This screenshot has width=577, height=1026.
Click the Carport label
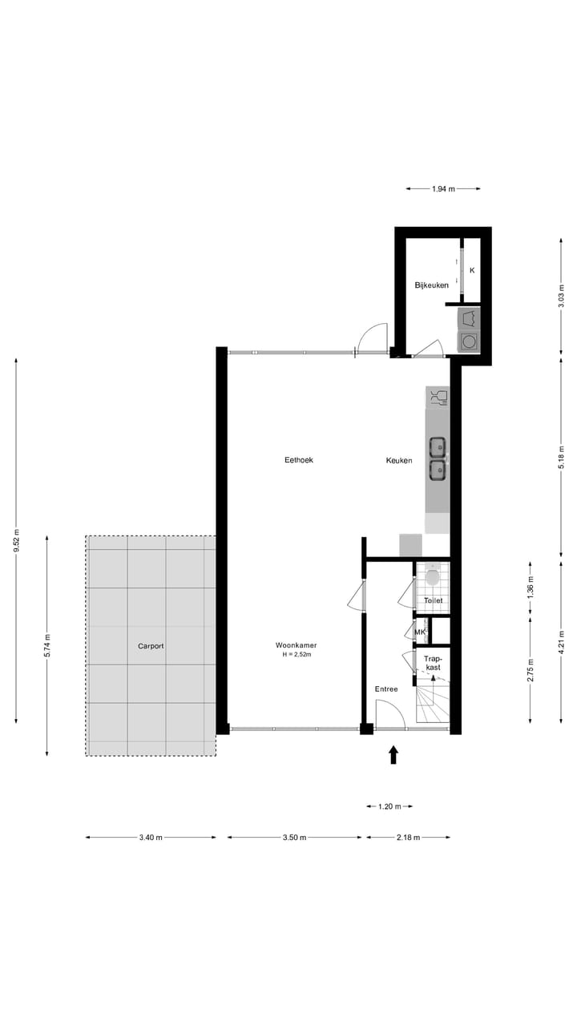click(151, 645)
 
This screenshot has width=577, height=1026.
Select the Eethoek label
click(298, 460)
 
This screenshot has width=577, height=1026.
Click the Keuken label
click(399, 460)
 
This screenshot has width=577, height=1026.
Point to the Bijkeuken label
click(431, 285)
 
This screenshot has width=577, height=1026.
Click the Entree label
click(386, 689)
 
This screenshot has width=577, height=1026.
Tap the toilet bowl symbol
click(433, 576)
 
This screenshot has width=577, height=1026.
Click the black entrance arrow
click(393, 754)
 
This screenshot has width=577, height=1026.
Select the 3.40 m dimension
click(151, 838)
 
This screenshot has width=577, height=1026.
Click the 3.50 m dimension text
click(295, 838)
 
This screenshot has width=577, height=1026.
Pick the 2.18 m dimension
click(408, 838)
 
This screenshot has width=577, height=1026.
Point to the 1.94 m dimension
click(443, 189)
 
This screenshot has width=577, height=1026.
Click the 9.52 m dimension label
click(17, 541)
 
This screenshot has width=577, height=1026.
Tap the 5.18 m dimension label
click(561, 457)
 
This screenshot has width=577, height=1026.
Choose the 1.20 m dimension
click(390, 806)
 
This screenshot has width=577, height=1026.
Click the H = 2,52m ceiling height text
click(296, 655)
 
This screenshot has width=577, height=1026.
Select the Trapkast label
click(433, 662)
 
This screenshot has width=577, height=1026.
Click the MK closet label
click(420, 632)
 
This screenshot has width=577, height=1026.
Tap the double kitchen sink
click(438, 458)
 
